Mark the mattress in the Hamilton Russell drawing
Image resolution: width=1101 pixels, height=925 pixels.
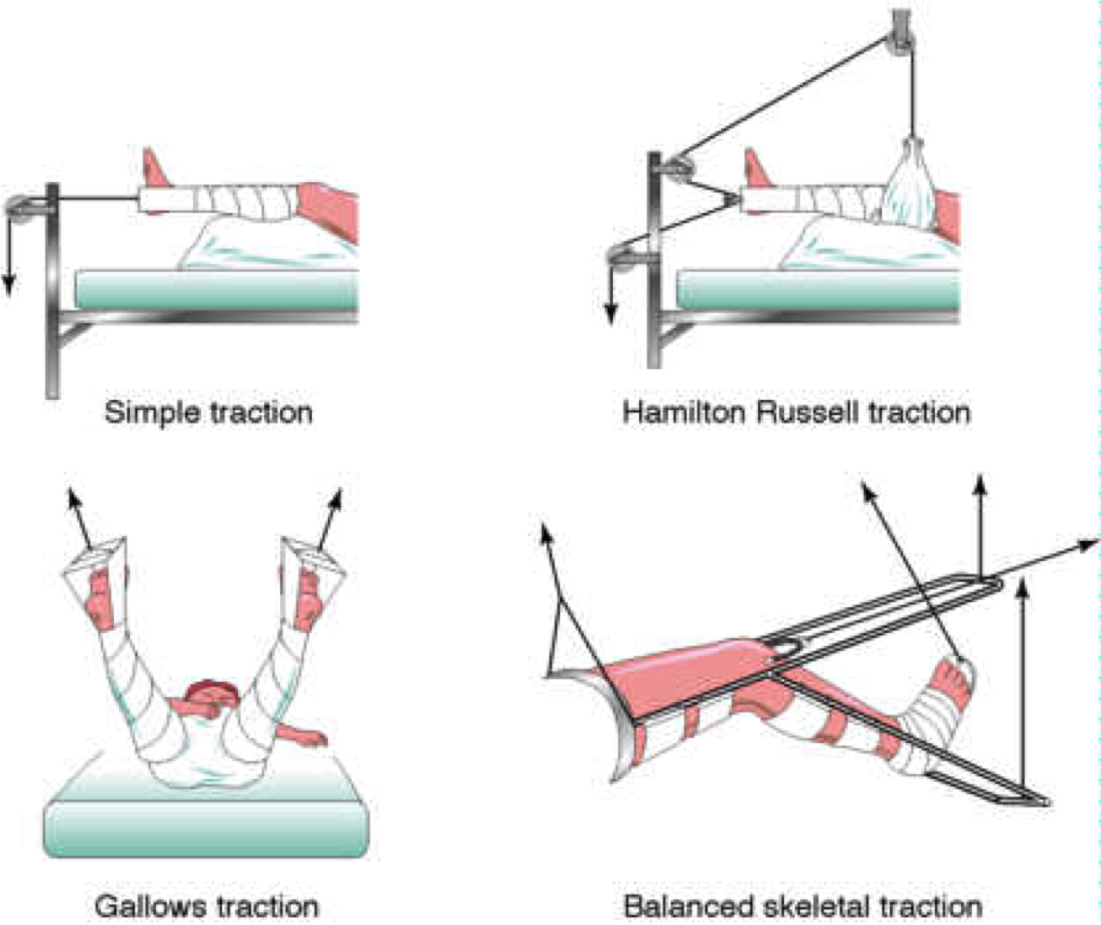click(818, 290)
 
